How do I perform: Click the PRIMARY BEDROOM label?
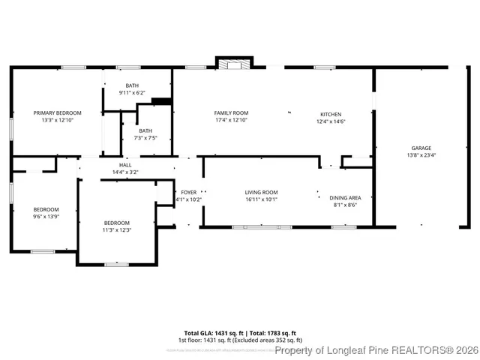coord(57,112)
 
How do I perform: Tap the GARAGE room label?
coord(421,148)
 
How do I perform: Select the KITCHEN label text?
coord(330,114)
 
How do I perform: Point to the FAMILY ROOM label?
coord(231,112)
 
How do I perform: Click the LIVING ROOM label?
coord(261,192)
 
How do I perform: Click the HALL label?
coord(125,165)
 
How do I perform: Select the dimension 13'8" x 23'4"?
coord(421,155)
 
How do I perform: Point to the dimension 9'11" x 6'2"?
coord(132,93)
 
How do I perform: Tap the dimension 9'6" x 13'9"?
coord(46,216)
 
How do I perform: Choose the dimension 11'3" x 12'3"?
coord(117,229)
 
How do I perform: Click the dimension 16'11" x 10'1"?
coord(261,199)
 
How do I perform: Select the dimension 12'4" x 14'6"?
coord(330,121)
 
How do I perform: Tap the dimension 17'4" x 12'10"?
coord(231,120)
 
